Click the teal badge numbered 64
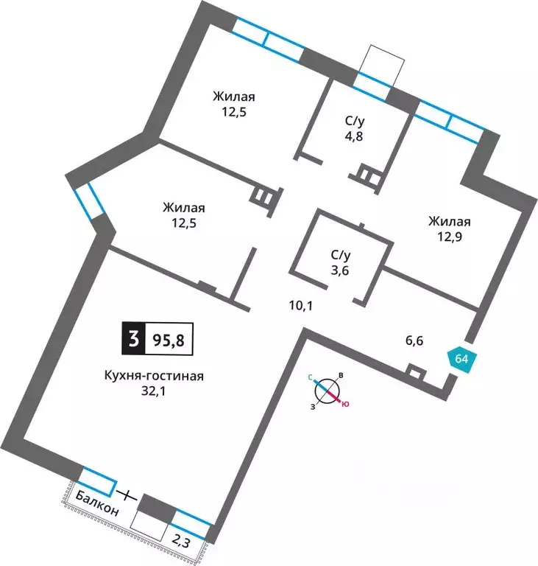462,360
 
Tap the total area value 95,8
169,339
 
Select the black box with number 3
133,338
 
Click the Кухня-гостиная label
154,376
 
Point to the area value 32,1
153,391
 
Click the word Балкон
97,504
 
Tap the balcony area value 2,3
181,542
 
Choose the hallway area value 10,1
301,306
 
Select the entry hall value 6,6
414,340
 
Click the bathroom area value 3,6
341,270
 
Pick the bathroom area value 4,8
354,137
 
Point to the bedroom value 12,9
450,237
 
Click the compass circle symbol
327,391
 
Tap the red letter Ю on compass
345,405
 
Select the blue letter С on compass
310,377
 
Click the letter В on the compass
341,376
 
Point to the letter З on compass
312,407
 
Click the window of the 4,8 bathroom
372,87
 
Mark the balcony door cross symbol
125,495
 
